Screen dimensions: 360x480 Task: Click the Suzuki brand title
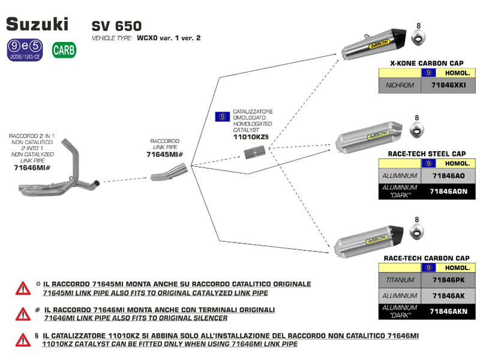[37, 23]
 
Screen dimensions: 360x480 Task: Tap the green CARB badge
[64, 50]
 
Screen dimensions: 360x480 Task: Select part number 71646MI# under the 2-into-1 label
[31, 168]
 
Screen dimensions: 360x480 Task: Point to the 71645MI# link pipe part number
[164, 155]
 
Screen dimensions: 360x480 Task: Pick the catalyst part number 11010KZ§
[250, 137]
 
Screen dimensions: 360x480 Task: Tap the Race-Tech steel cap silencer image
[366, 138]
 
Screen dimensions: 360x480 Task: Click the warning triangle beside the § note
[23, 340]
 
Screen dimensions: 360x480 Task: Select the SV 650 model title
[116, 26]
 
